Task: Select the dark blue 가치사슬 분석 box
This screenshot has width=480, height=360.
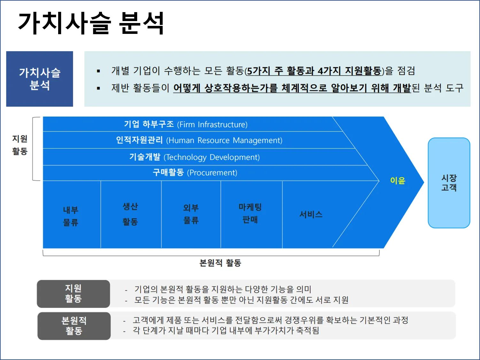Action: coord(40,79)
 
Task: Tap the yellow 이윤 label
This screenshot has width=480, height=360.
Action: coord(398,181)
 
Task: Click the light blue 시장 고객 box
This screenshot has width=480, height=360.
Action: coord(449,183)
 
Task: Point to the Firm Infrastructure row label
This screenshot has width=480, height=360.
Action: coord(186,124)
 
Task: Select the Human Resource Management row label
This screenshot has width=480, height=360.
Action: coord(199,140)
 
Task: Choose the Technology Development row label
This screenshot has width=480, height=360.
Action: coord(194,157)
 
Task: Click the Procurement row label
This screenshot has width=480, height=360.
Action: coord(195,173)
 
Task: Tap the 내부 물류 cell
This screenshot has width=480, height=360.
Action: coord(71,216)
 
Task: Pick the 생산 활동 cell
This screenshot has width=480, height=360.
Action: coord(130,214)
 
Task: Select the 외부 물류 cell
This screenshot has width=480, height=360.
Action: coord(191,214)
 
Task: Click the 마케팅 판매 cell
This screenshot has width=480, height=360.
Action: coord(250,213)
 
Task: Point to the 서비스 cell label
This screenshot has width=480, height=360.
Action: coord(311,214)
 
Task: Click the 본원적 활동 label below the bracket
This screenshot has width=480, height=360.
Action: coord(220,263)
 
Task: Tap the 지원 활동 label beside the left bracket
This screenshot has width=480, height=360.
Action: coord(20,145)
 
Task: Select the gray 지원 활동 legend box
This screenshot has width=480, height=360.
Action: coord(74,294)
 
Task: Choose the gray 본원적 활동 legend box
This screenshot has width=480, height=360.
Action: coord(74,326)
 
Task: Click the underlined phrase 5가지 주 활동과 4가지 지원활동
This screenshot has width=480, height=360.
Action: coord(314,71)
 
